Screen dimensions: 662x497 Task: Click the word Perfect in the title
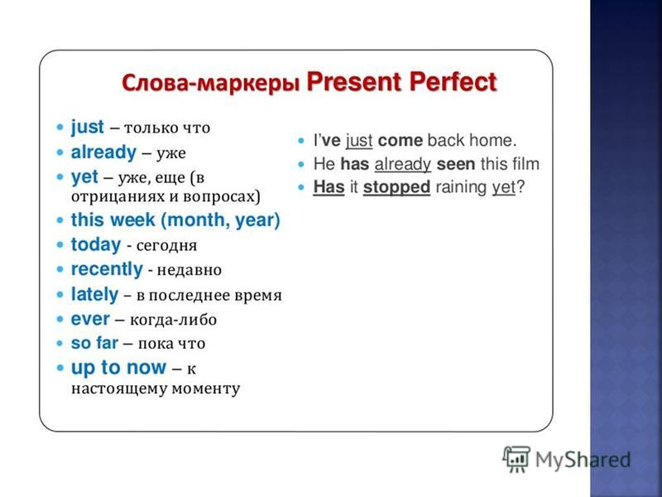tap(453, 81)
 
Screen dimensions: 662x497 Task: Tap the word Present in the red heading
tap(354, 81)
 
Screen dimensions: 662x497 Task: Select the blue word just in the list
tap(88, 128)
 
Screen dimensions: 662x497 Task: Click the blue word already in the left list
tap(103, 152)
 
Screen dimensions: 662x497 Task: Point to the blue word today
tap(96, 244)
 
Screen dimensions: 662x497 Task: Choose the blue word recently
tap(107, 269)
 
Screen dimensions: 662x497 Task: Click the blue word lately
tap(94, 294)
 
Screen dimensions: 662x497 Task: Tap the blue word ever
tap(90, 319)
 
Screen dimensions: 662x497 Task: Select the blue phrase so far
tap(94, 343)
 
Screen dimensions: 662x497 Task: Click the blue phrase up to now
tap(118, 368)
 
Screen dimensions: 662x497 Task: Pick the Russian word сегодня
tap(167, 245)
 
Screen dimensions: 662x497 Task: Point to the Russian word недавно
tap(189, 270)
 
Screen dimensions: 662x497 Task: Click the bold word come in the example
tap(401, 141)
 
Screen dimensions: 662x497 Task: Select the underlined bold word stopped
tap(396, 187)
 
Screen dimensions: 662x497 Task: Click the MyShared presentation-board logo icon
tap(516, 459)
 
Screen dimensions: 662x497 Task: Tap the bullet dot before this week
tap(60, 220)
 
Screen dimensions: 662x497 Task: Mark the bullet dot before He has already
tap(301, 164)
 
